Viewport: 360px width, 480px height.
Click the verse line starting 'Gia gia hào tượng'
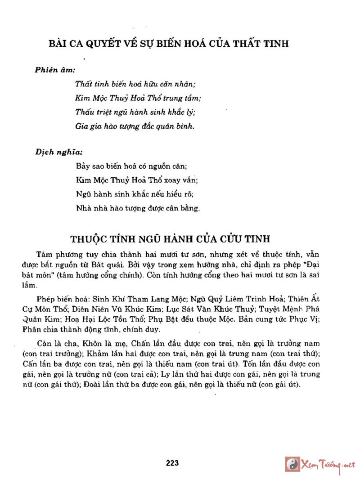coord(135,126)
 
